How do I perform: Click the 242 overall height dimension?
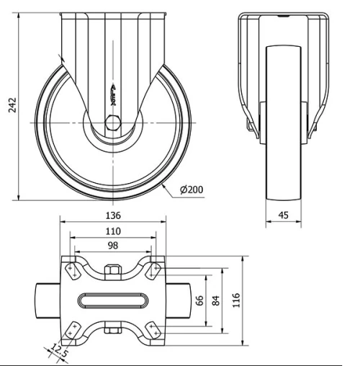click(x=9, y=106)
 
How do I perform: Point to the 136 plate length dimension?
click(x=113, y=215)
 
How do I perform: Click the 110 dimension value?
click(x=113, y=231)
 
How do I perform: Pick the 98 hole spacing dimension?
click(x=113, y=246)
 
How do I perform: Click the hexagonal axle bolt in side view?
click(x=113, y=124)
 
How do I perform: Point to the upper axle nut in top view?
click(x=113, y=272)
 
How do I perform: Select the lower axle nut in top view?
click(x=113, y=331)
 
